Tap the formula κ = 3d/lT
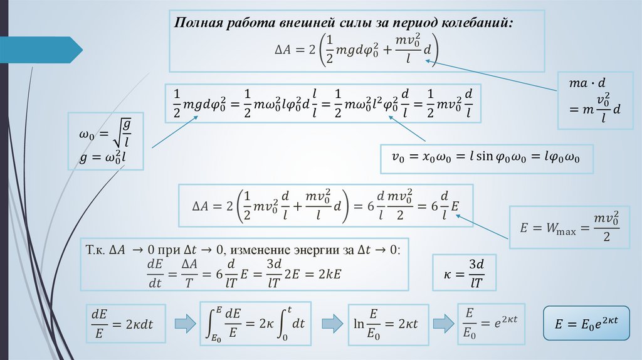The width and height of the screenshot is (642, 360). coord(465,272)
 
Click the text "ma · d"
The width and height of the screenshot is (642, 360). coord(589,82)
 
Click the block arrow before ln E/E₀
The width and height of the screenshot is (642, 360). coord(328,323)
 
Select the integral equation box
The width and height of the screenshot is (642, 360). coord(256,323)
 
